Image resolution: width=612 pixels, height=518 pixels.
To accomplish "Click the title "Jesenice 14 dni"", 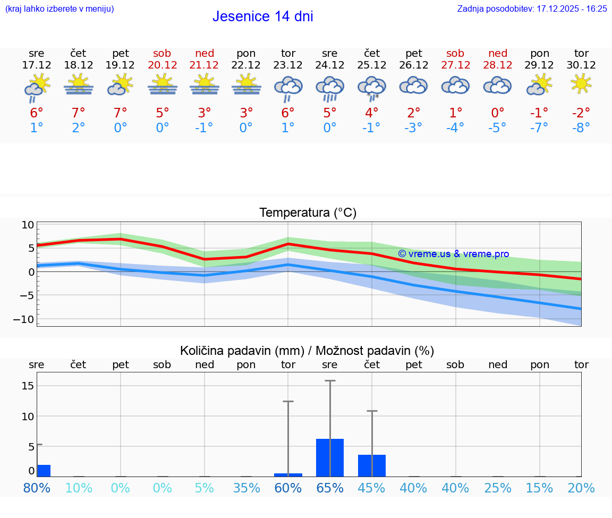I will (x=262, y=16).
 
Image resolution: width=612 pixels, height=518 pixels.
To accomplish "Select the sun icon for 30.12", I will (x=581, y=83).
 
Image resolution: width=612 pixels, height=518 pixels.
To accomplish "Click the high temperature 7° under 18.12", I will (x=79, y=113).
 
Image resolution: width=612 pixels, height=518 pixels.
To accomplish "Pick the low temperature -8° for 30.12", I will (x=581, y=128).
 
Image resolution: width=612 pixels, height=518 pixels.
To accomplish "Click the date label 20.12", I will (x=163, y=65).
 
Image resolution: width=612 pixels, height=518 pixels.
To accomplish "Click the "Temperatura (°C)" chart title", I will (x=308, y=213).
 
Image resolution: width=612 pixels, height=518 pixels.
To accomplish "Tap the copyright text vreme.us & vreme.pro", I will (x=453, y=254).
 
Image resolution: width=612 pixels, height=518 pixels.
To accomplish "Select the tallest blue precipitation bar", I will (x=330, y=457).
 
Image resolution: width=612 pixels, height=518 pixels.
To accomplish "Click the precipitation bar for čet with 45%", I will (x=372, y=465).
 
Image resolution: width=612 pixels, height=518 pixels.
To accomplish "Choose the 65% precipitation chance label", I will (x=330, y=488).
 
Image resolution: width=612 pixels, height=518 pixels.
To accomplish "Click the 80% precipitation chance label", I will (x=37, y=488).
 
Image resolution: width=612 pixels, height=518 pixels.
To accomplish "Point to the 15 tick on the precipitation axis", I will (x=28, y=386).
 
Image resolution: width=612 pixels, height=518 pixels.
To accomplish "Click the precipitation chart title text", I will (x=307, y=351).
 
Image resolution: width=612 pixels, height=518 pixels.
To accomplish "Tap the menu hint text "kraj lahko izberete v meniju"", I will (x=59, y=9).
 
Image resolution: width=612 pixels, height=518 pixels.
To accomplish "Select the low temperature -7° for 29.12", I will (x=540, y=128).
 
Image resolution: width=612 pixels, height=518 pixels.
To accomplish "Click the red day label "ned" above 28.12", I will (x=498, y=53).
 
